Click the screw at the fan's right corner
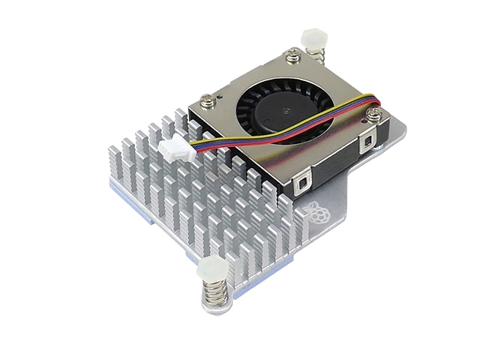click(x=373, y=113)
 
